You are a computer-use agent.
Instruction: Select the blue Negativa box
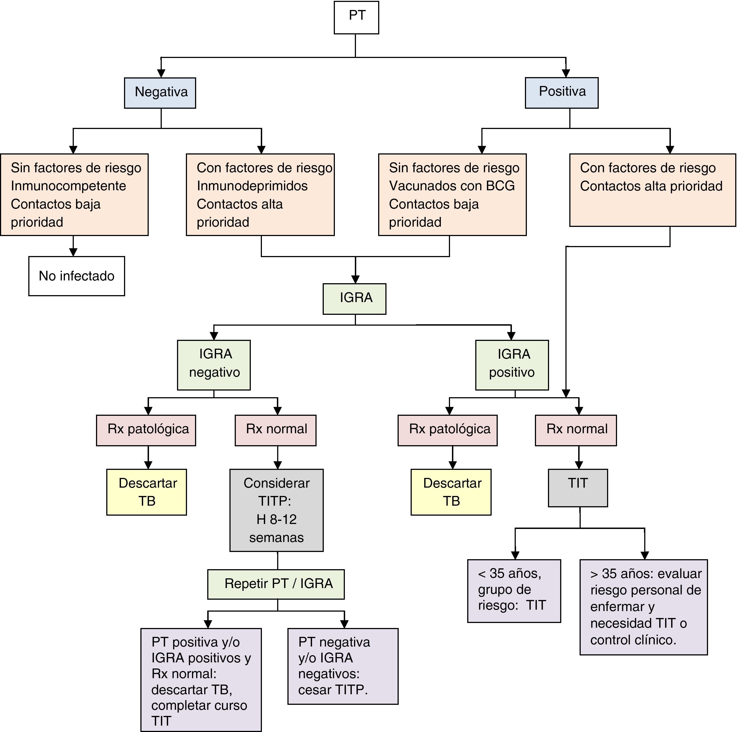(160, 93)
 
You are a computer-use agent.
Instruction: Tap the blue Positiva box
(561, 93)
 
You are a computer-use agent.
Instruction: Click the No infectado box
(76, 276)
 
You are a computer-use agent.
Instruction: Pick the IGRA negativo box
(214, 365)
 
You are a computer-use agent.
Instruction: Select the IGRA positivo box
(512, 365)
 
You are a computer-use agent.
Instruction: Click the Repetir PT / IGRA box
(276, 584)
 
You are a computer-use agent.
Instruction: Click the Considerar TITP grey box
(276, 510)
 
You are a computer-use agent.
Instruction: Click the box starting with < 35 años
(514, 590)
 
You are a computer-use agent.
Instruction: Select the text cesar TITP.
(332, 690)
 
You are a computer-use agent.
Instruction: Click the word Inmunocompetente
(68, 186)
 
